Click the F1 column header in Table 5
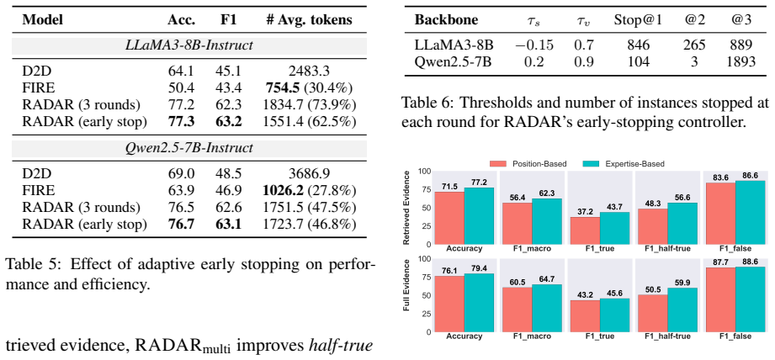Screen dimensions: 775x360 click(x=227, y=20)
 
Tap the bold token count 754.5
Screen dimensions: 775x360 click(x=284, y=87)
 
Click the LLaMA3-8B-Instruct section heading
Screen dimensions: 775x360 click(x=188, y=46)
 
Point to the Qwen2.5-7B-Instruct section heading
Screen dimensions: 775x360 click(x=188, y=148)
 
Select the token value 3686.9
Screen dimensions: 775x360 click(x=309, y=173)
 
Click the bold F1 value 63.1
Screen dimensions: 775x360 click(x=228, y=224)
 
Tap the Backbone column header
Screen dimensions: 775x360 click(x=446, y=20)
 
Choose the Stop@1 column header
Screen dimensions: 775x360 click(x=637, y=20)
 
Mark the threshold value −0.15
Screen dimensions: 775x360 click(x=534, y=45)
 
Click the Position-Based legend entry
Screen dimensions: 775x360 click(x=526, y=163)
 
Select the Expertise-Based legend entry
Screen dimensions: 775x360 click(x=619, y=163)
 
